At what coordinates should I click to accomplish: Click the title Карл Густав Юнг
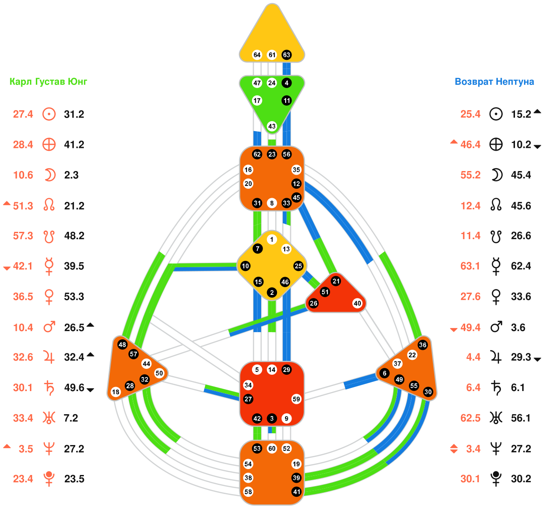[x=49, y=82]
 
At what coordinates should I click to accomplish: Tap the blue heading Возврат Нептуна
[x=494, y=82]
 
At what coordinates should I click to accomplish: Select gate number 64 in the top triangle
[x=257, y=55]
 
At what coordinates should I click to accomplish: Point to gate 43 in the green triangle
[x=272, y=126]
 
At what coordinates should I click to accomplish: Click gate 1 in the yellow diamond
[x=272, y=240]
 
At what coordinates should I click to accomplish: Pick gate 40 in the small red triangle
[x=357, y=303]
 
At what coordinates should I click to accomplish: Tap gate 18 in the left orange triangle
[x=116, y=392]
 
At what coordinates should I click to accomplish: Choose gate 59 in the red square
[x=296, y=399]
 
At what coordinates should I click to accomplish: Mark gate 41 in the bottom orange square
[x=296, y=492]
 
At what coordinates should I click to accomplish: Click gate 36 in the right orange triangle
[x=423, y=345]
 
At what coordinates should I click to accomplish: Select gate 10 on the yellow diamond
[x=245, y=266]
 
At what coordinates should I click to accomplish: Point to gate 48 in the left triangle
[x=122, y=345]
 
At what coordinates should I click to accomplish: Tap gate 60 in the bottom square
[x=272, y=449]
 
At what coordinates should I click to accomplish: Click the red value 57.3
[x=23, y=236]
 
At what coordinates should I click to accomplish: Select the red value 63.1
[x=470, y=266]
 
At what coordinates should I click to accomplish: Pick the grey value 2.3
[x=71, y=175]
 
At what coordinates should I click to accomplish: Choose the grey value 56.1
[x=521, y=418]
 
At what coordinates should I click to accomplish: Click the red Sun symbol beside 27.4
[x=49, y=114]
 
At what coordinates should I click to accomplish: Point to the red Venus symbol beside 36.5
[x=49, y=297]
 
